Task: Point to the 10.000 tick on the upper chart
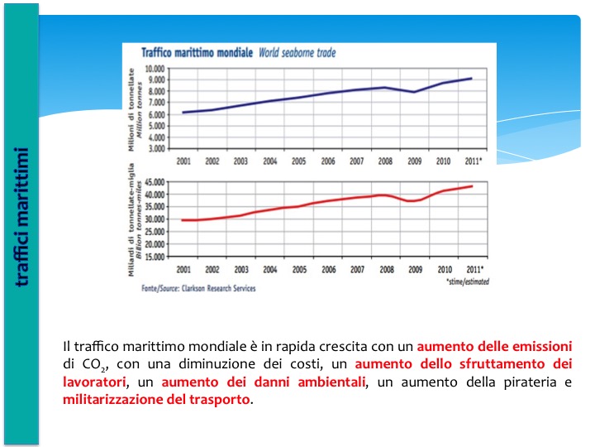coord(155,69)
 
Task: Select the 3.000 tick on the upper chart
coord(157,148)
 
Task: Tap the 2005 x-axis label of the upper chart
coord(299,161)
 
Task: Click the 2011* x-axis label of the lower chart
coord(476,270)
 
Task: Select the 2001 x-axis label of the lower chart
coord(183,270)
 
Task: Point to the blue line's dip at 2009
coord(416,92)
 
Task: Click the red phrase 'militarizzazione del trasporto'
coord(156,400)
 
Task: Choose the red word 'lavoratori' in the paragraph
coord(94,382)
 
